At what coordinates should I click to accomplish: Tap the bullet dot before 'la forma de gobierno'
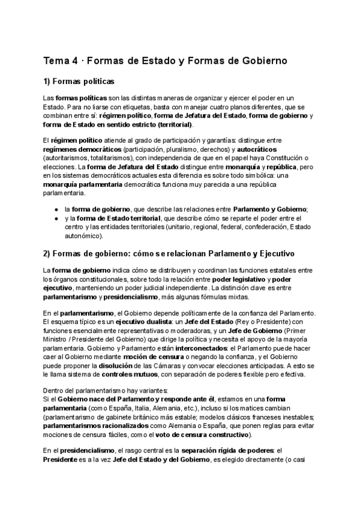point(56,209)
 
